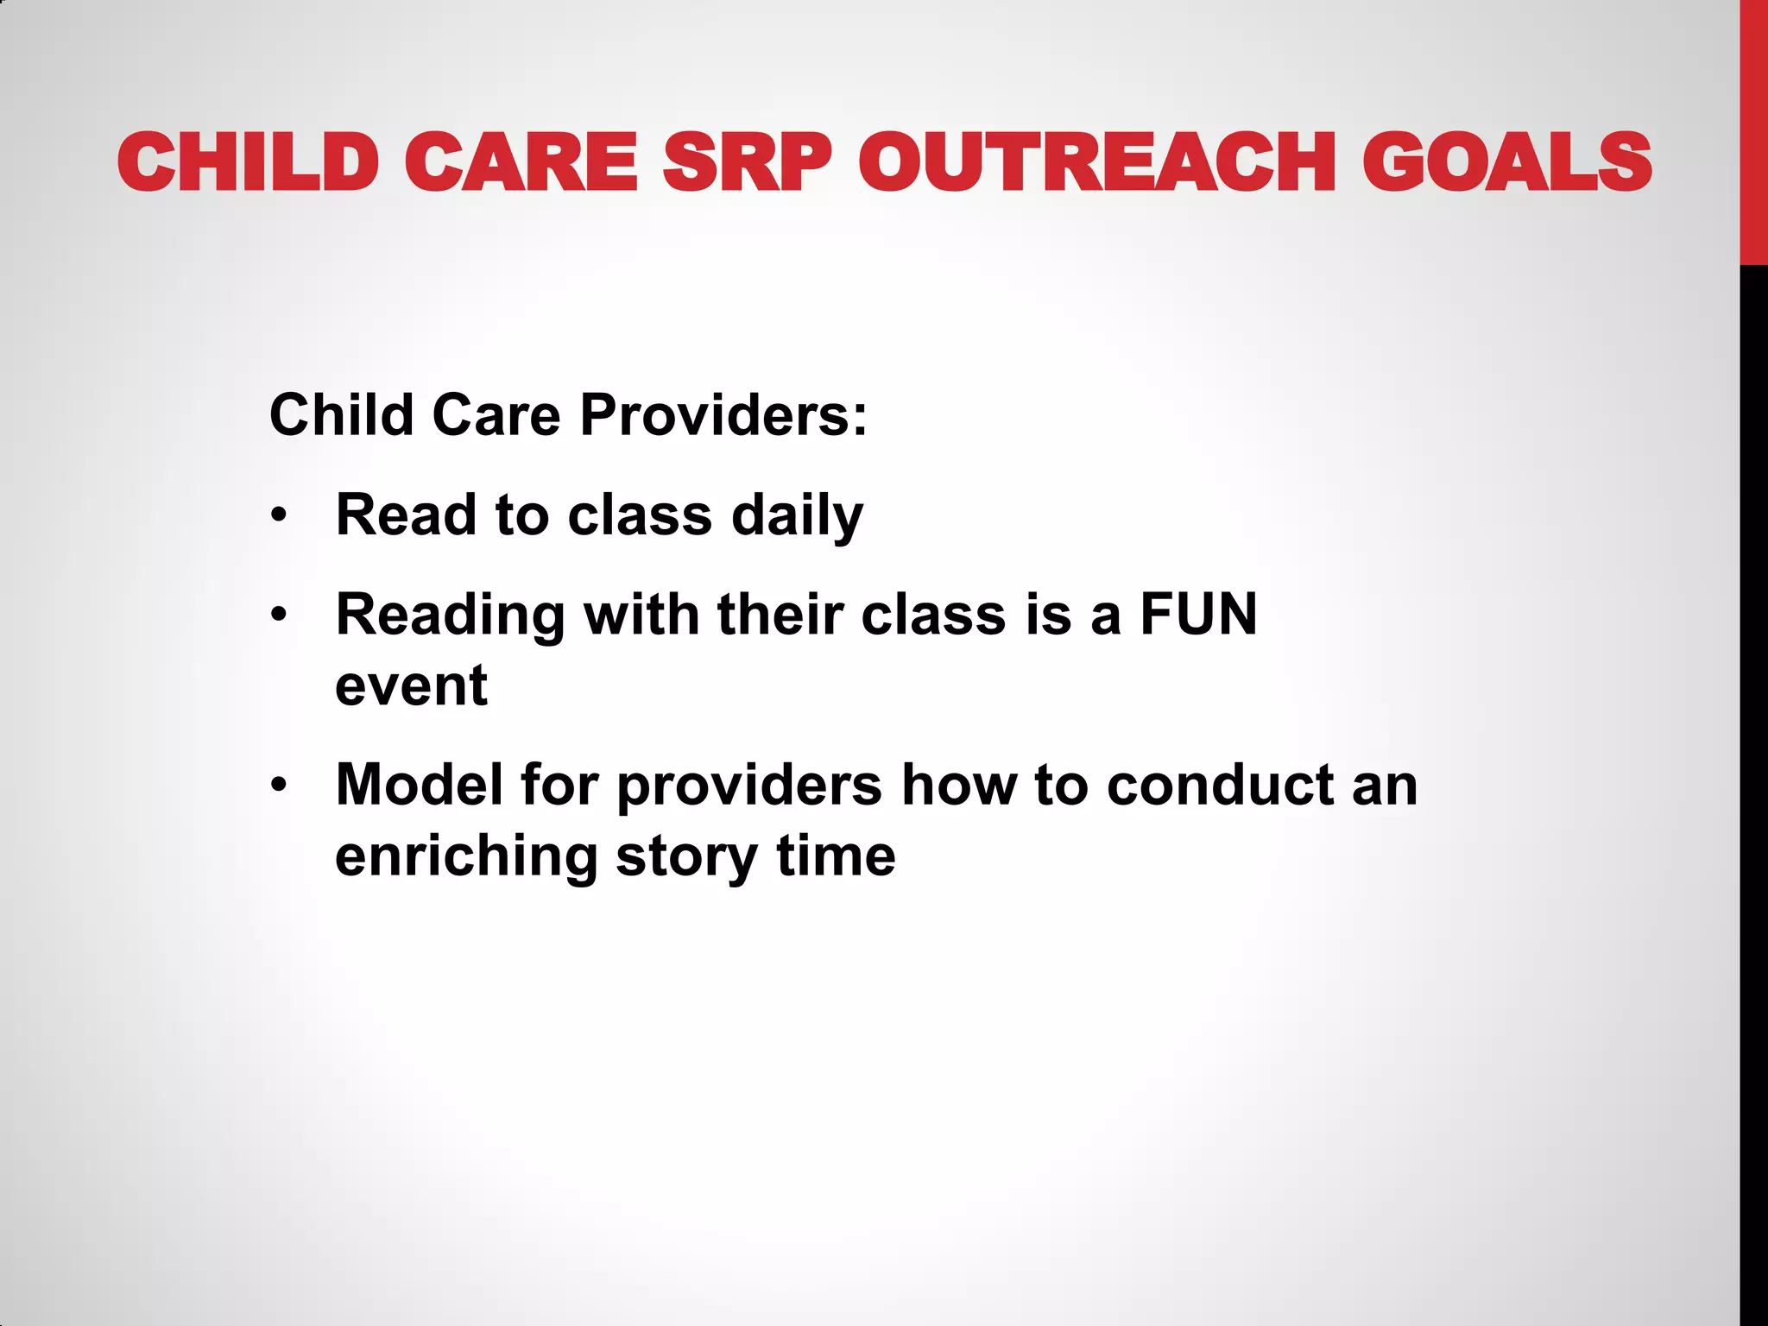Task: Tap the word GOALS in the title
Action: (1506, 162)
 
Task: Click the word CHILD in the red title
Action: (249, 162)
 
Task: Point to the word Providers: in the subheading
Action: (723, 415)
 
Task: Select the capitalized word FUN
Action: (1198, 615)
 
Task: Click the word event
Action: (411, 685)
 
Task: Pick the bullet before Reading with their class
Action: (278, 616)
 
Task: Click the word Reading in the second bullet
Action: (450, 616)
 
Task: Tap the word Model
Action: (419, 785)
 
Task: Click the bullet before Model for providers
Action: (278, 786)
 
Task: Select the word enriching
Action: (466, 856)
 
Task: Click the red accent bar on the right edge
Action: (1753, 129)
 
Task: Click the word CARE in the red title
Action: (521, 162)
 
